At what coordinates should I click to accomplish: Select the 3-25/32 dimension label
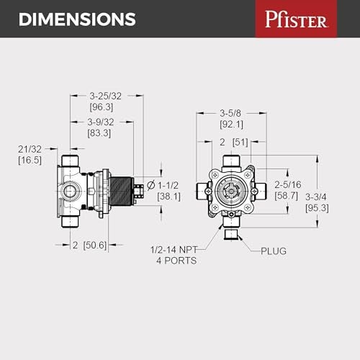coord(105,95)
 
